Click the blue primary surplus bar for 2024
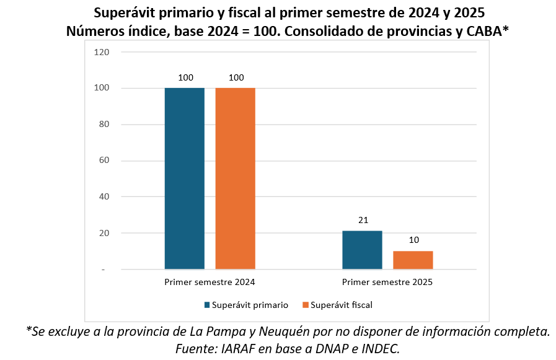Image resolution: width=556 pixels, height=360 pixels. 184,178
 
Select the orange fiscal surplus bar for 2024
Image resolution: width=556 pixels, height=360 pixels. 235,178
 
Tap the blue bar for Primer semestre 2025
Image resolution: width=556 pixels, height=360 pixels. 362,250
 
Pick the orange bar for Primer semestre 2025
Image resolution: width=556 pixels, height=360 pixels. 413,260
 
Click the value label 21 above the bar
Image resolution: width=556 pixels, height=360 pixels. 363,221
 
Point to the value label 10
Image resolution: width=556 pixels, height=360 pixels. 413,240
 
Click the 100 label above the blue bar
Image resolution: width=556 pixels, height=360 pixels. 185,77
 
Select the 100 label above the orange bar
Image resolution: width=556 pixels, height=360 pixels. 236,77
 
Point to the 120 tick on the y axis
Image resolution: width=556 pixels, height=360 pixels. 102,52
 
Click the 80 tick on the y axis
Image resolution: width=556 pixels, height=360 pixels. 104,125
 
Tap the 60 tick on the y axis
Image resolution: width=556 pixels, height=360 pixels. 104,160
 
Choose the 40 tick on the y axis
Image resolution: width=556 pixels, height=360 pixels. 104,197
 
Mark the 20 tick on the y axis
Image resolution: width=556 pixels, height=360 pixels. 104,233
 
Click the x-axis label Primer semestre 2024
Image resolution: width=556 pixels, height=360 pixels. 210,282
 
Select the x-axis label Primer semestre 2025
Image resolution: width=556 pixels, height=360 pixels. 387,282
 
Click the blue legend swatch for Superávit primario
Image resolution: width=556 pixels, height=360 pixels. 208,305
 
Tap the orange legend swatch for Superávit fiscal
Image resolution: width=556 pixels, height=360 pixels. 305,305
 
